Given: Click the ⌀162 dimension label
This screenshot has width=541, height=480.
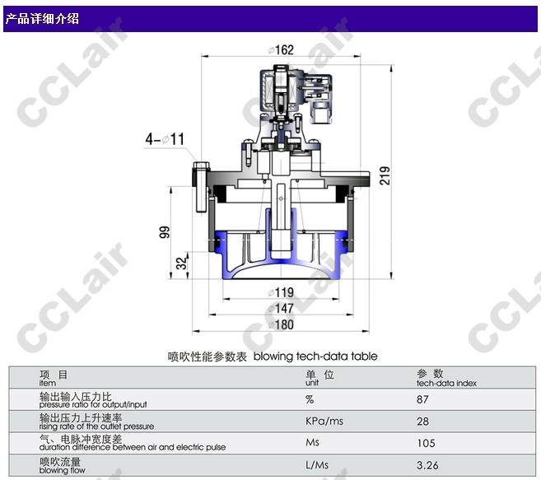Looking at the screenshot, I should [x=281, y=50].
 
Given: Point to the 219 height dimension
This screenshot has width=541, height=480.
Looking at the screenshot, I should [x=385, y=175].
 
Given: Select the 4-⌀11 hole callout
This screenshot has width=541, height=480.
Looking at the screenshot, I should [x=166, y=139].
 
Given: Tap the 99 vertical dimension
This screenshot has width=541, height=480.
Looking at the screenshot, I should [x=164, y=233].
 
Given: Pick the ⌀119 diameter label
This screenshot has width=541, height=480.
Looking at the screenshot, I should [x=281, y=292].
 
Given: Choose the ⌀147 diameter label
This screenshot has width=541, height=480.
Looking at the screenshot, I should [x=281, y=308].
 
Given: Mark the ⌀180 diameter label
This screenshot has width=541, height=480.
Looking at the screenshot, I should [x=281, y=324].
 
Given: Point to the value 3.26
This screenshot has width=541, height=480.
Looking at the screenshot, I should [x=427, y=465].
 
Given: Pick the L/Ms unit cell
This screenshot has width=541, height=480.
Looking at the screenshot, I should [x=317, y=465].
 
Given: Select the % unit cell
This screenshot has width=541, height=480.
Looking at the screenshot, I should [x=310, y=399].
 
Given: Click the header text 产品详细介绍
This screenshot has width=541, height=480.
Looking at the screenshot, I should [x=42, y=18].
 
